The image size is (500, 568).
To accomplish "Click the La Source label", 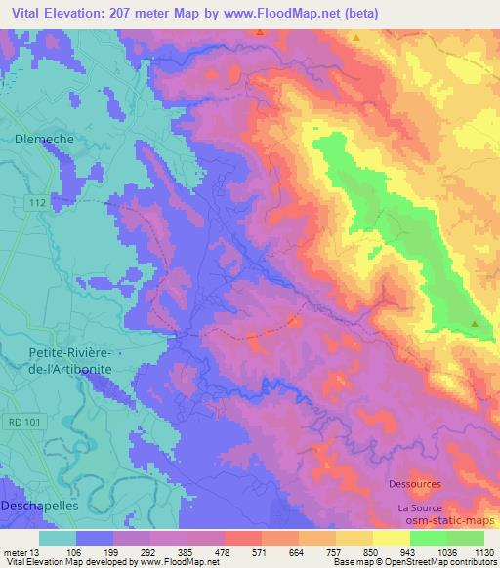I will coord(420,508).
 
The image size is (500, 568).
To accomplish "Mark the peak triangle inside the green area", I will coord(475,323).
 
